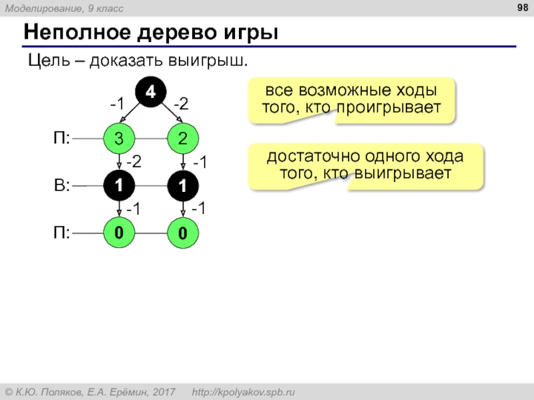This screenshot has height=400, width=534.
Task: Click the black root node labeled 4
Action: click(151, 93)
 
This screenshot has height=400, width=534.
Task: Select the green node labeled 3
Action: click(119, 139)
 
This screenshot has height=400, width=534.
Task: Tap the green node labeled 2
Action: click(183, 139)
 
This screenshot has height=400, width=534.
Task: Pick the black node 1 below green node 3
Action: click(119, 186)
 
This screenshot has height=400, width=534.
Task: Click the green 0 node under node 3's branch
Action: click(119, 233)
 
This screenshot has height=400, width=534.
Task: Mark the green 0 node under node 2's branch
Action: click(183, 234)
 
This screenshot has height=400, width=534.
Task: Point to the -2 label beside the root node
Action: click(182, 104)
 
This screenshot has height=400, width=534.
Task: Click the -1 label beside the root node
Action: click(117, 104)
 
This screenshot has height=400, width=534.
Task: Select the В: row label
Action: click(62, 186)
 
